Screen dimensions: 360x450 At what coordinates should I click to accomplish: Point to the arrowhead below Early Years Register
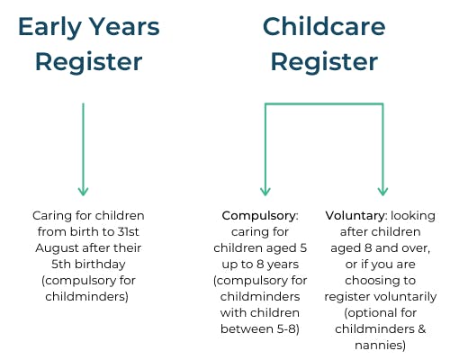(83, 190)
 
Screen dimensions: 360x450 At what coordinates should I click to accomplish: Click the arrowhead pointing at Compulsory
(265, 190)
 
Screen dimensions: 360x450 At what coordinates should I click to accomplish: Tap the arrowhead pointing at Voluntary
(382, 190)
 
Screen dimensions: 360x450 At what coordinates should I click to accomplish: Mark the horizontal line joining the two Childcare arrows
(324, 104)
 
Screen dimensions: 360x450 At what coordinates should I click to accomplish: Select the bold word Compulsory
(258, 216)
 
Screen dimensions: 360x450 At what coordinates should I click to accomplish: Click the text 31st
(130, 232)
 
